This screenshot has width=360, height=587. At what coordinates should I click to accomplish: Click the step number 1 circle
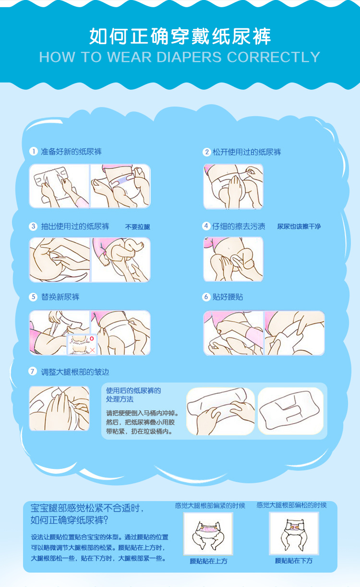click(x=33, y=151)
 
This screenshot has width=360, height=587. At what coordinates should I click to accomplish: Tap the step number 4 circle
click(x=206, y=226)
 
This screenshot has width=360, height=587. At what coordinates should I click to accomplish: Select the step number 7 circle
click(x=33, y=371)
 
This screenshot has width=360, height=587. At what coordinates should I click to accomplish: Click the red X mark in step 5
click(x=92, y=350)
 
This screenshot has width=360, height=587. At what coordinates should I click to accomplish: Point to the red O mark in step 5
click(x=92, y=338)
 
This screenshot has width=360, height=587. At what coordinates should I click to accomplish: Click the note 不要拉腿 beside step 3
click(x=138, y=227)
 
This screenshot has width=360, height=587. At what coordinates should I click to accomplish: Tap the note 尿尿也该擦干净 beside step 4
click(x=299, y=227)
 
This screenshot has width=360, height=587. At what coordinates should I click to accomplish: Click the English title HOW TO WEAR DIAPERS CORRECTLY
click(x=180, y=57)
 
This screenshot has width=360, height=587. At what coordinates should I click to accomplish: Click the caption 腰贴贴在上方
click(x=208, y=561)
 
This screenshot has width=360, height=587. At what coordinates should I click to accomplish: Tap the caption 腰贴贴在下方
click(x=294, y=561)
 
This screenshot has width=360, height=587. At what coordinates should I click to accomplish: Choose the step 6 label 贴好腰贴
click(x=228, y=297)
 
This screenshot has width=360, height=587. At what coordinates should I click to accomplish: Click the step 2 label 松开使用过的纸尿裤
click(x=247, y=152)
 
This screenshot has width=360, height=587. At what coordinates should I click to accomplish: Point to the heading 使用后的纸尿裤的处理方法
click(x=133, y=395)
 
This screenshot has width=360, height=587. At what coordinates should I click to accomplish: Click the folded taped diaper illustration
click(x=290, y=411)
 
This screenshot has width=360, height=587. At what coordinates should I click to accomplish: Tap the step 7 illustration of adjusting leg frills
click(x=60, y=408)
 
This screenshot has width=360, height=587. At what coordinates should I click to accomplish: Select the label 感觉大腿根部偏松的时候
click(x=291, y=505)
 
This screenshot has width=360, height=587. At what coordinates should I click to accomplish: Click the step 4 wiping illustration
click(x=233, y=259)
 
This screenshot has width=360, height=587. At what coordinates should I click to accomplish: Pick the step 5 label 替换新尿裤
click(x=60, y=297)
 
